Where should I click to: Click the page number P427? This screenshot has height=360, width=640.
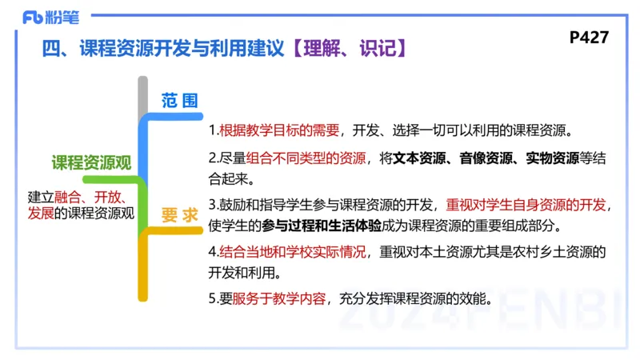(x=590, y=37)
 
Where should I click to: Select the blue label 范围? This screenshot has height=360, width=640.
(x=179, y=101)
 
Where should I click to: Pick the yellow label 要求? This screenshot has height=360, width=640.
(x=179, y=215)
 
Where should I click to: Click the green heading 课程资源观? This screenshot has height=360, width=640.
(x=90, y=162)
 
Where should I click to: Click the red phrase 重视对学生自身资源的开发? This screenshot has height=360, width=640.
(x=526, y=203)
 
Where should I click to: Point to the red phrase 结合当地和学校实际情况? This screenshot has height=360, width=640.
(x=293, y=251)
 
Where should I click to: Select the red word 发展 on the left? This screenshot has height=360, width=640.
(x=41, y=212)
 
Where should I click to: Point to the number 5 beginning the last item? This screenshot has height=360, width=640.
(x=212, y=298)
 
